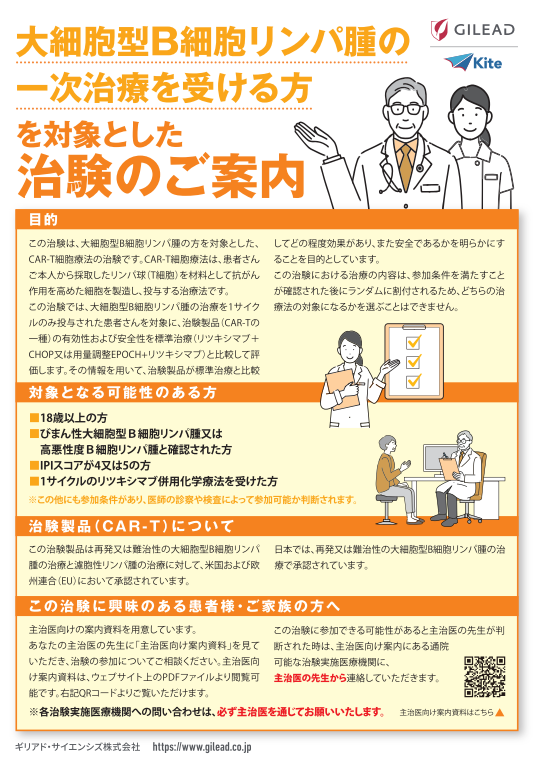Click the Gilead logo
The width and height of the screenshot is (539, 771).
coord(473,30)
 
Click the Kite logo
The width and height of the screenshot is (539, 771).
coord(473,63)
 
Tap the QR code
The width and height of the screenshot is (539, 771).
coord(484,677)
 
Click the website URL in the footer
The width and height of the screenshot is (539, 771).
coord(202,747)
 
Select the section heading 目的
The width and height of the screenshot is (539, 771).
coord(43,219)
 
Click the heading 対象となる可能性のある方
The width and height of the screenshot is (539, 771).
coord(122,392)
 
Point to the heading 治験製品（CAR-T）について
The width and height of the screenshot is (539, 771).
coord(131,526)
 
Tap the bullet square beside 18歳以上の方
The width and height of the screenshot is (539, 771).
coord(34,418)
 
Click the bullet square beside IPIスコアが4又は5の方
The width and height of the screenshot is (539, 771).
coord(34,465)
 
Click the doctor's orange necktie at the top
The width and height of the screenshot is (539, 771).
coord(406,162)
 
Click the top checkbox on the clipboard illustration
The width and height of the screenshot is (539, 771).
coord(413,341)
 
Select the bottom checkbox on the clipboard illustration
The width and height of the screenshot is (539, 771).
coord(413,381)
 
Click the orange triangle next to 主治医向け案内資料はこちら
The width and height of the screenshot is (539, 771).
coord(500,712)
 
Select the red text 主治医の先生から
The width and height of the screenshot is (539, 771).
coord(310,678)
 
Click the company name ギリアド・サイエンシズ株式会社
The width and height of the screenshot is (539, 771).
coord(78,747)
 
